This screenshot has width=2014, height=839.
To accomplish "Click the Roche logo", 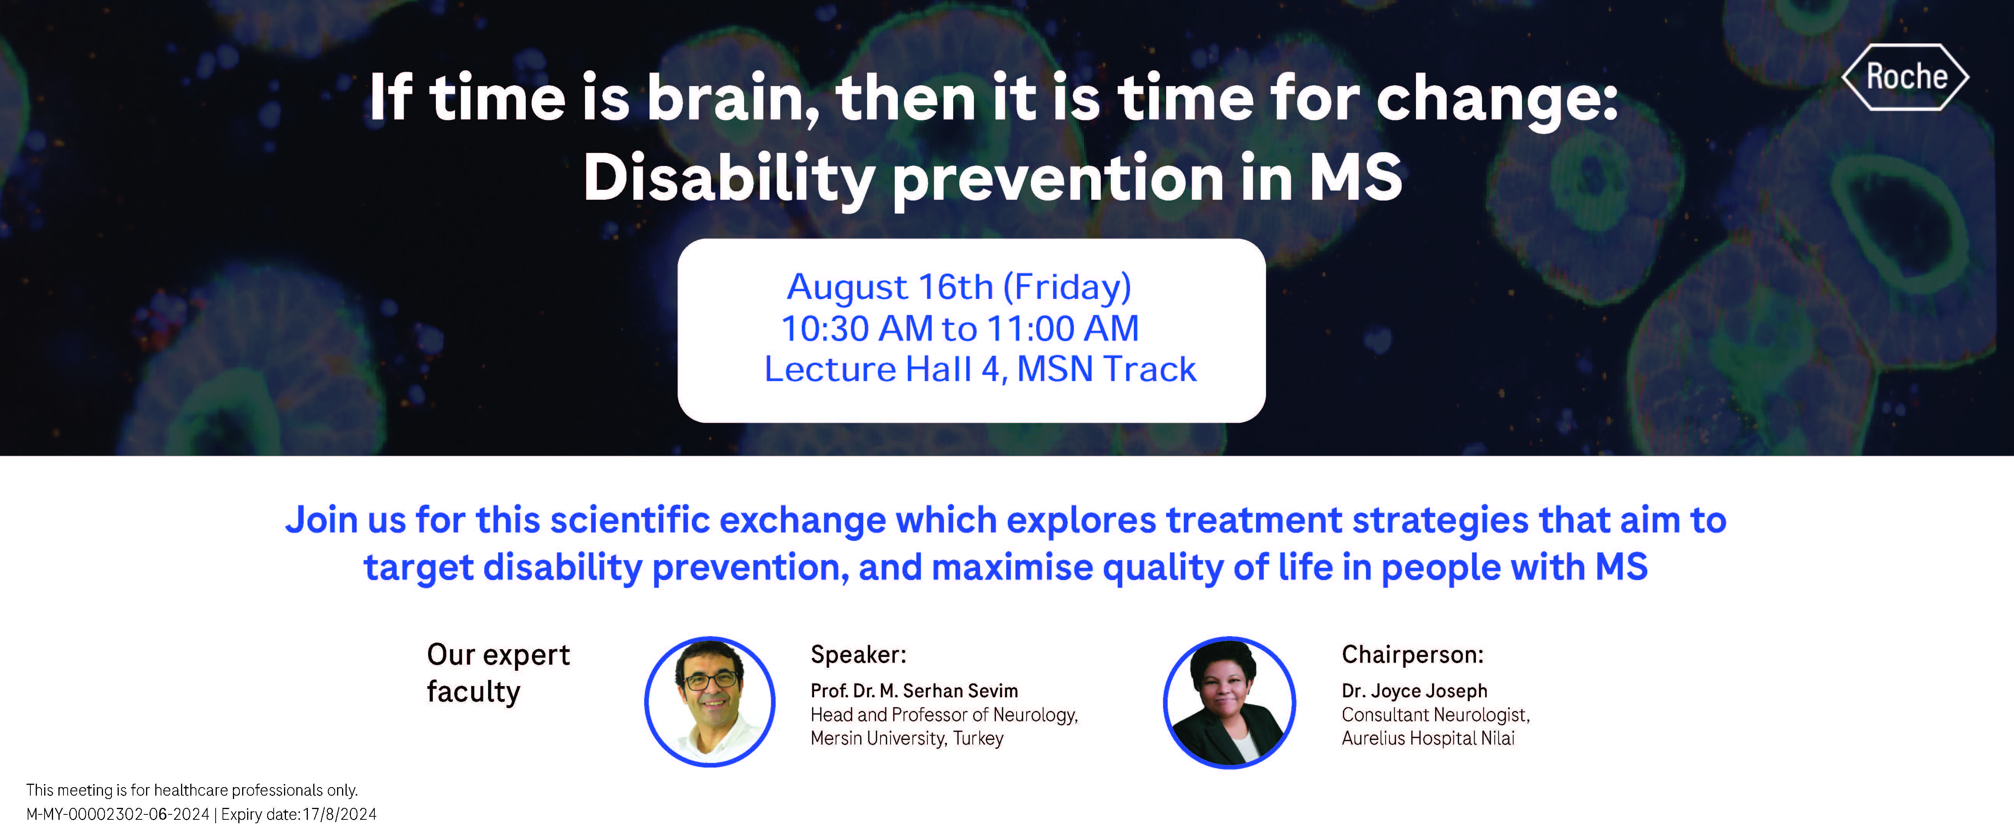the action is [1905, 76].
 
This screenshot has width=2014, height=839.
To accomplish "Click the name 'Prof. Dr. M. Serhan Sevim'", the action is [914, 691].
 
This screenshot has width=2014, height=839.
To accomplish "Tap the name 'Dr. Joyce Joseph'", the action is [1414, 691].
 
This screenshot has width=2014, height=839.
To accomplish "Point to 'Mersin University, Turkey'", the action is [907, 738].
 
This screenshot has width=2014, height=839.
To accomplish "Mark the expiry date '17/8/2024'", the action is [339, 814].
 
